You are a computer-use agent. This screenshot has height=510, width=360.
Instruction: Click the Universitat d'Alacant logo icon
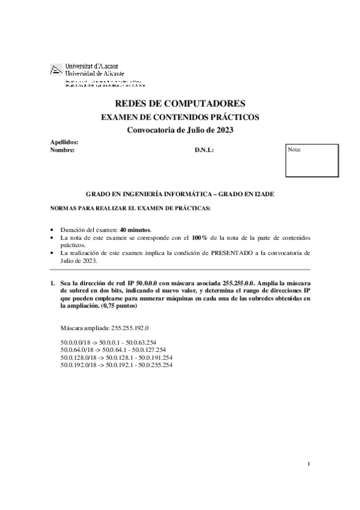pyautogui.click(x=56, y=70)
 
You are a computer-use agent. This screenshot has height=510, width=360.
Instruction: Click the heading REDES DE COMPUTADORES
pyautogui.click(x=180, y=103)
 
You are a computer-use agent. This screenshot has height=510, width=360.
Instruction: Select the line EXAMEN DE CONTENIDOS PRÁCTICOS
pyautogui.click(x=180, y=117)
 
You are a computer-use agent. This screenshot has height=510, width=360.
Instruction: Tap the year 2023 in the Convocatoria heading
pyautogui.click(x=223, y=131)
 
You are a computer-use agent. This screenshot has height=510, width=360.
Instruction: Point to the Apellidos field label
pyautogui.click(x=64, y=142)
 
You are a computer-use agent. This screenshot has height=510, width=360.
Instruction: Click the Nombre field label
pyautogui.click(x=62, y=150)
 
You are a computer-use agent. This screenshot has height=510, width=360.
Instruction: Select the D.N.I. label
pyautogui.click(x=204, y=150)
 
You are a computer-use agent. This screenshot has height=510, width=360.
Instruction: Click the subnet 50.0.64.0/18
pyautogui.click(x=79, y=349)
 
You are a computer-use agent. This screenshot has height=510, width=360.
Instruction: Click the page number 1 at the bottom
pyautogui.click(x=308, y=463)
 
